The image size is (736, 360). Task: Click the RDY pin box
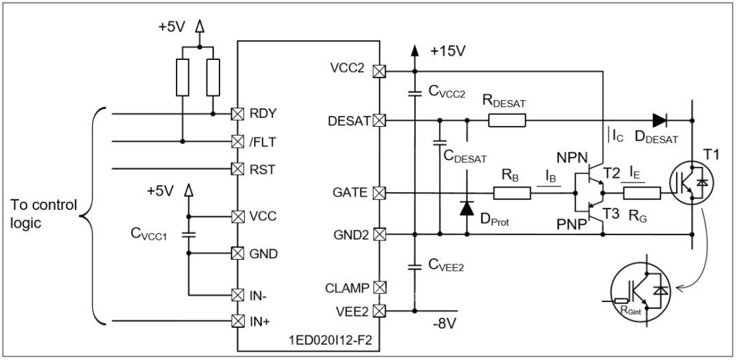click(238, 114)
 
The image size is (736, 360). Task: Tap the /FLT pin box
click(238, 141)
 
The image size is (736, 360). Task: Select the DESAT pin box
click(379, 121)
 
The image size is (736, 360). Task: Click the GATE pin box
click(379, 192)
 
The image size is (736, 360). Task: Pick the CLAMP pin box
click(379, 287)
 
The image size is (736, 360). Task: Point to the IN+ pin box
click(238, 322)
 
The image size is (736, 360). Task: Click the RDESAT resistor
click(507, 121)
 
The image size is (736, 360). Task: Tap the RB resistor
click(512, 192)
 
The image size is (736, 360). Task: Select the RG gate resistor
click(642, 192)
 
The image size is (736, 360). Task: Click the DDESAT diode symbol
click(660, 121)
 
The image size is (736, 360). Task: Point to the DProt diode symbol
click(467, 208)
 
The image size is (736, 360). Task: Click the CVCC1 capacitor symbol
click(188, 235)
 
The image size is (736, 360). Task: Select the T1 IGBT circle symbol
click(690, 181)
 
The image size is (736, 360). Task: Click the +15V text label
click(447, 51)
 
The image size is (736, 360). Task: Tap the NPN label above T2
click(570, 156)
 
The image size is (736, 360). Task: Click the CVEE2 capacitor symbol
click(414, 267)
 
